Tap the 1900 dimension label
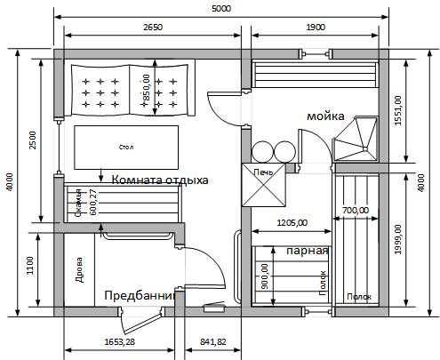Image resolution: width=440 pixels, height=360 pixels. [316, 28]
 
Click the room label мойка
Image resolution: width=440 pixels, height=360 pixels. [325, 116]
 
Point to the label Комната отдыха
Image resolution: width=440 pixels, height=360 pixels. [160, 180]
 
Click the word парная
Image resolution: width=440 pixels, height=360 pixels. [308, 251]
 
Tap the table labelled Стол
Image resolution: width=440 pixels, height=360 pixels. [125, 148]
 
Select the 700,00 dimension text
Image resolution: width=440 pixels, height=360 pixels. [356, 211]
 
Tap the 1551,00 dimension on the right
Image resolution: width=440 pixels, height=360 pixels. [399, 111]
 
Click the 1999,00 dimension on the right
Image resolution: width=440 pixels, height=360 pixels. [399, 241]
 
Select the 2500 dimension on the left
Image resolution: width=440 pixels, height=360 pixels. [32, 142]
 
